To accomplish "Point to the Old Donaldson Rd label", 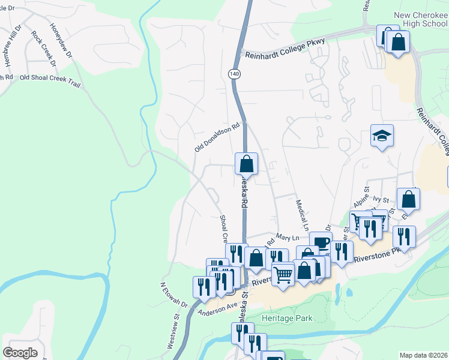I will [217, 137].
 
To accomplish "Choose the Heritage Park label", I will [287, 317].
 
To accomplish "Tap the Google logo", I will [20, 352].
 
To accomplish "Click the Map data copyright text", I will [423, 355].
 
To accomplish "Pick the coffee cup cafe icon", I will [321, 242].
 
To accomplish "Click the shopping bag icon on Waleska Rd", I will [246, 163].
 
